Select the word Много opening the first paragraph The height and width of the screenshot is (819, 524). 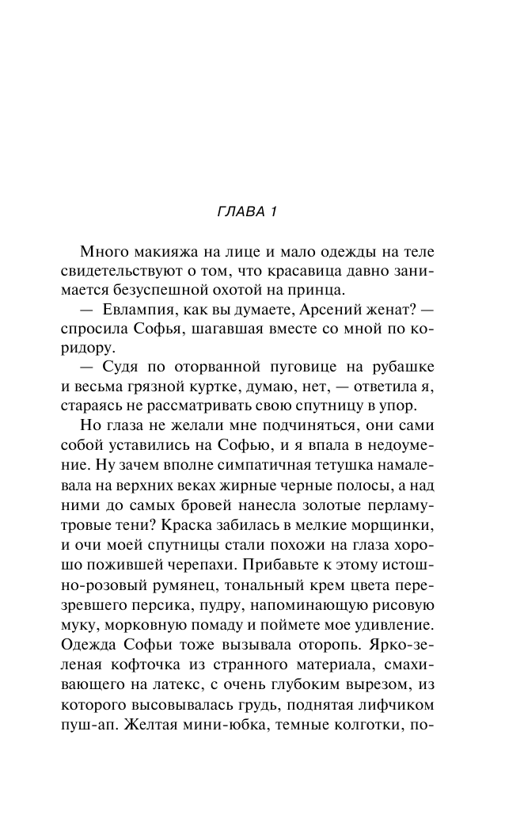click(102, 252)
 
